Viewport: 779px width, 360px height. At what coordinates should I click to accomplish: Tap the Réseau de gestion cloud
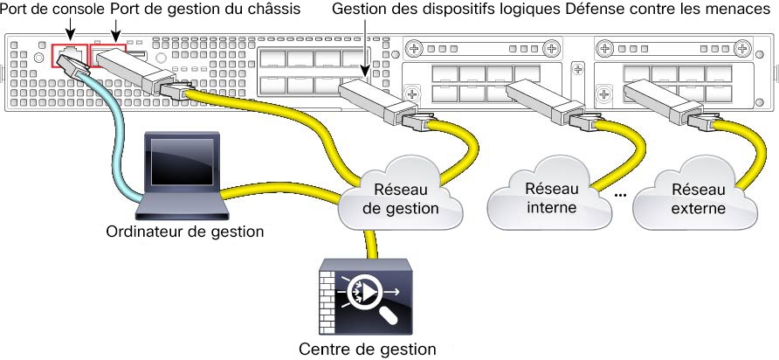point(400,194)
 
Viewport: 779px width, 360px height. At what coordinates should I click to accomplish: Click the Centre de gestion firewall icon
point(365,297)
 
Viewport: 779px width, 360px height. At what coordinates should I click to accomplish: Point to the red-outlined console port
point(70,55)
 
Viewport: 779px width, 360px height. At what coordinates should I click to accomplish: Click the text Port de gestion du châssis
point(206,9)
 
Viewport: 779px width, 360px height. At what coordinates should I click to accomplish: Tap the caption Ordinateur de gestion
point(185,232)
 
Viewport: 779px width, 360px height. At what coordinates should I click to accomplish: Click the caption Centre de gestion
point(367,349)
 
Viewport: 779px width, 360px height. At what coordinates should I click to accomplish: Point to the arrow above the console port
point(70,28)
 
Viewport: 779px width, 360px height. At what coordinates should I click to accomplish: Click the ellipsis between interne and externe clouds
point(620,195)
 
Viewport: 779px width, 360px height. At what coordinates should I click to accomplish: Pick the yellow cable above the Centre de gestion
point(370,244)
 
